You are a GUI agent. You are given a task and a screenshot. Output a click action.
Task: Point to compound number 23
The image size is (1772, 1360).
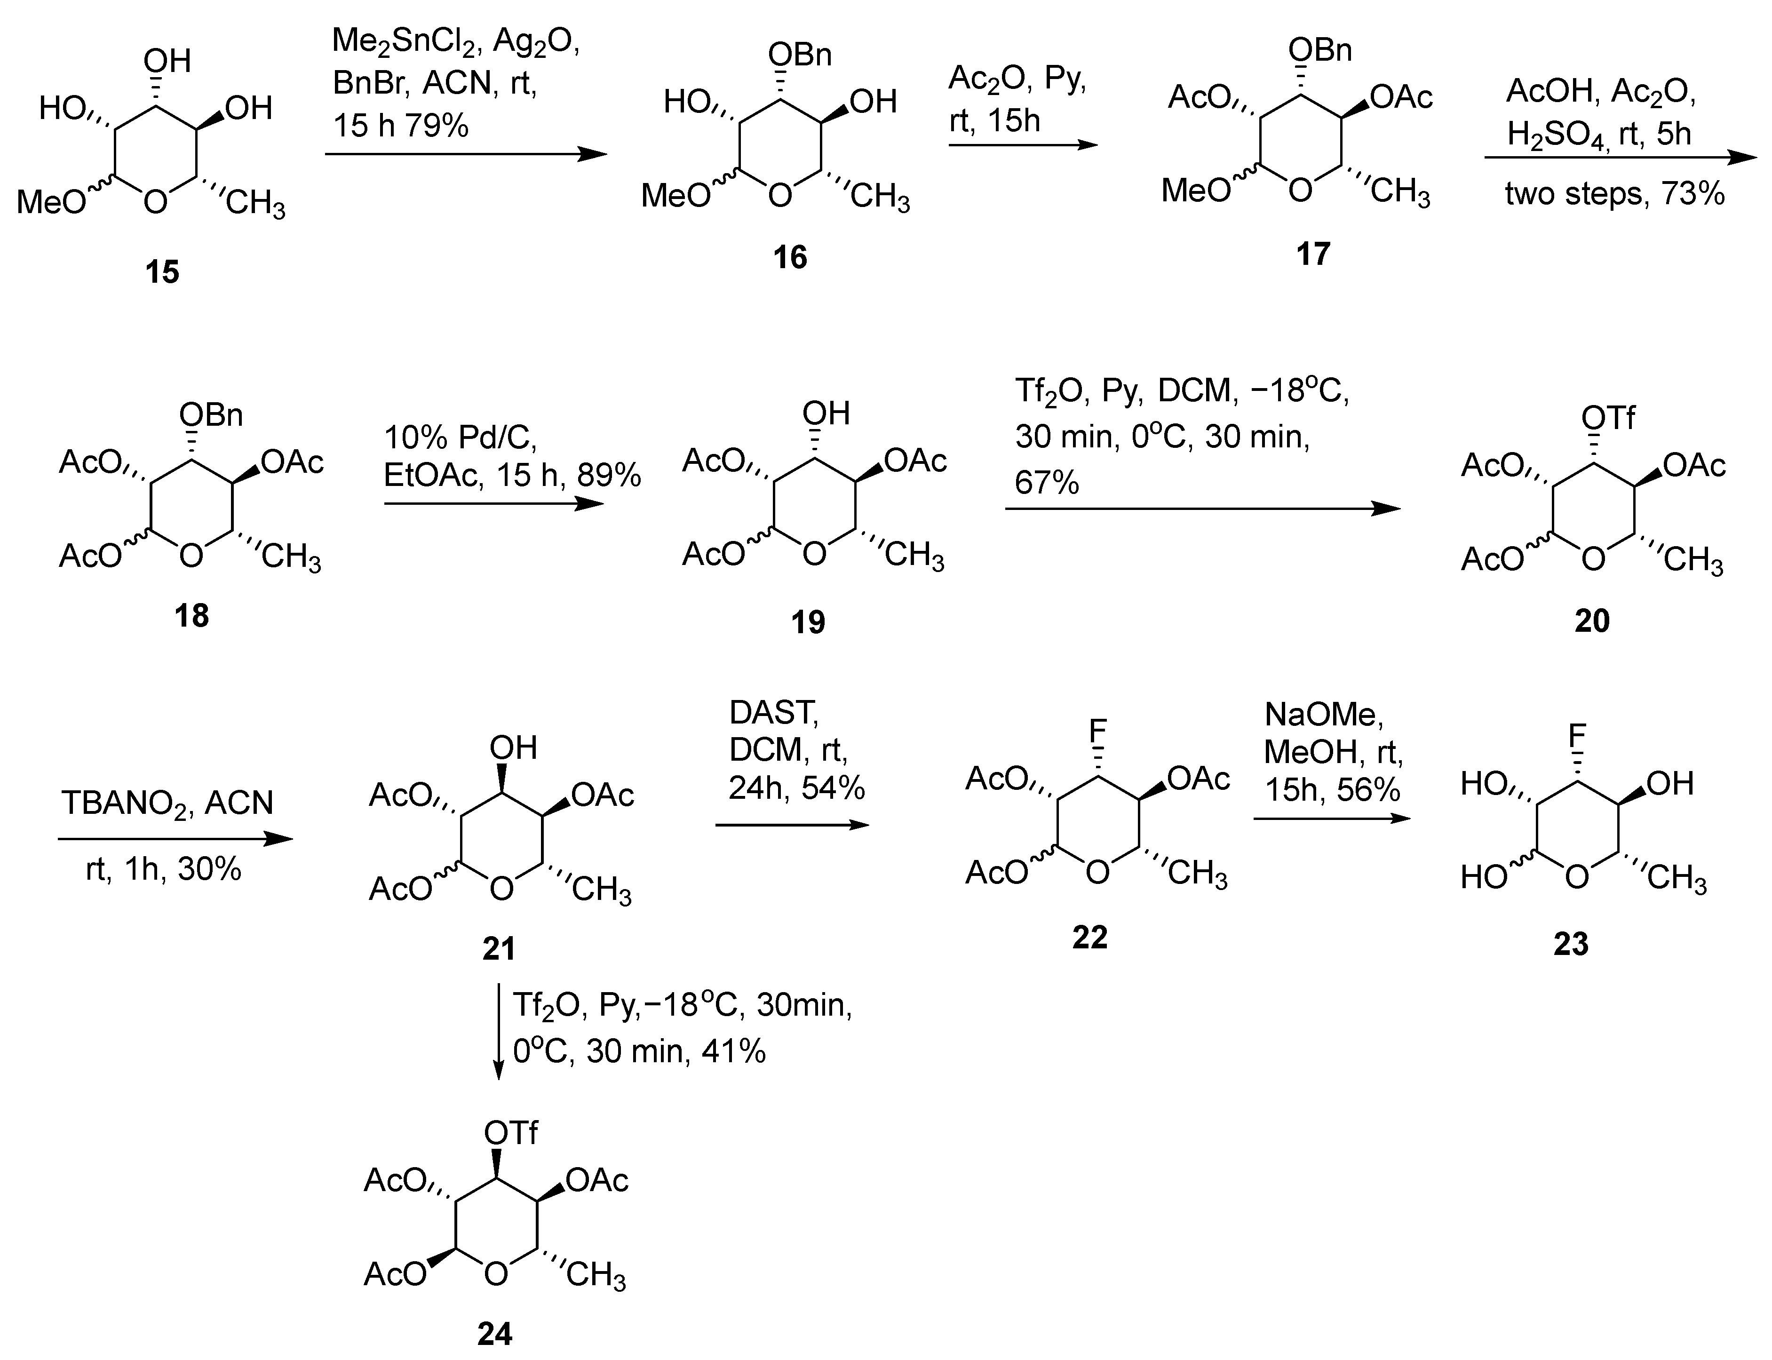pyautogui.click(x=1571, y=944)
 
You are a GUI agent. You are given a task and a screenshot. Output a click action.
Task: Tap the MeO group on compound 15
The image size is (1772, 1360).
pyautogui.click(x=50, y=201)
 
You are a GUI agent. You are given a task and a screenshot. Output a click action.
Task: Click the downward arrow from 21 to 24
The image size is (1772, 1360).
pyautogui.click(x=498, y=1032)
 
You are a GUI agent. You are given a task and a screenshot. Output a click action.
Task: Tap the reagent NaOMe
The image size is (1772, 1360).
pyautogui.click(x=1324, y=714)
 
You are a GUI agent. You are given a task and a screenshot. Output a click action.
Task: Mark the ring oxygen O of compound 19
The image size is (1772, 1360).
pyautogui.click(x=814, y=555)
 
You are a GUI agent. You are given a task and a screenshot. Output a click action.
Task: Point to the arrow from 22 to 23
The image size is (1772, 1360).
pyautogui.click(x=1332, y=819)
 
